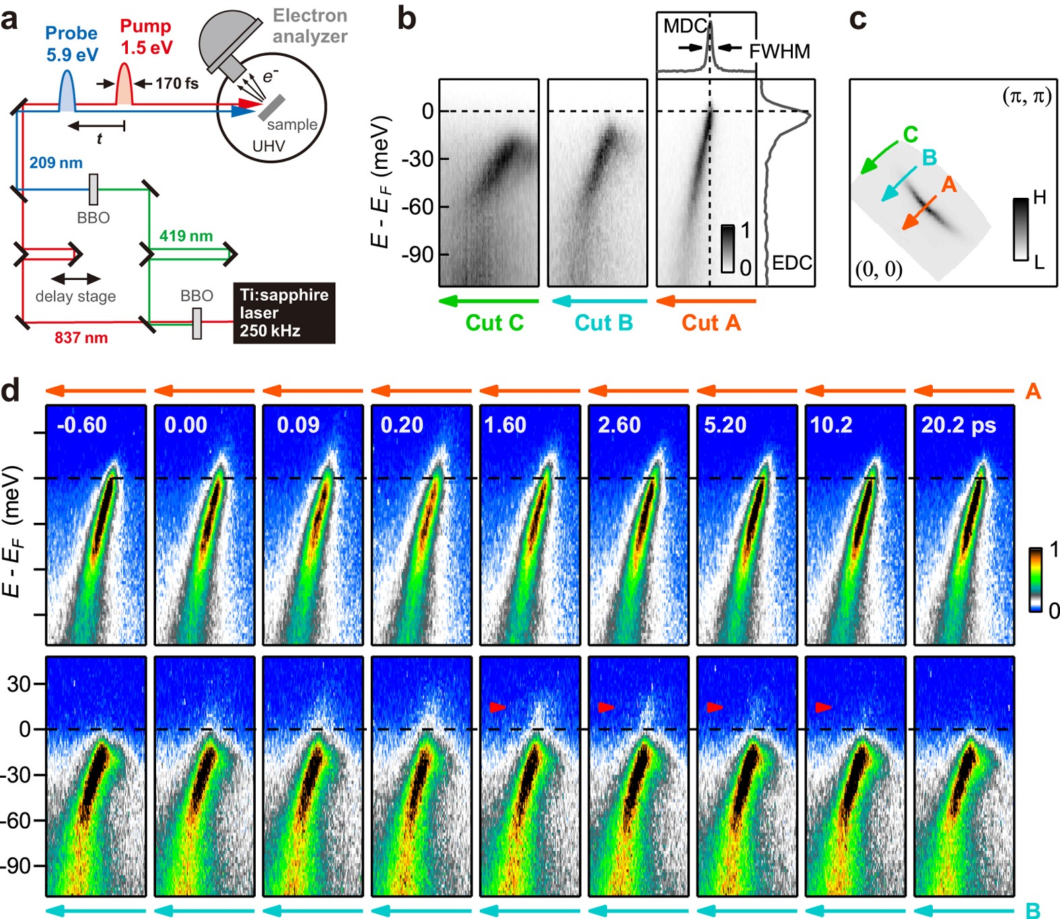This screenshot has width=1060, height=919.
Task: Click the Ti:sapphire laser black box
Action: [x=284, y=313]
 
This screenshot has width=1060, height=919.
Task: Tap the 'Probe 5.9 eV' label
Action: [x=71, y=44]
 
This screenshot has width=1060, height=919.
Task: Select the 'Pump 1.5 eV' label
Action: [x=146, y=37]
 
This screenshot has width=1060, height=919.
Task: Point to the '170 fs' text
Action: [x=176, y=83]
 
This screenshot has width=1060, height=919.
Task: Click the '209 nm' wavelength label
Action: [x=56, y=163]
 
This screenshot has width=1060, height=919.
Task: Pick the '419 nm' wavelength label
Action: [x=186, y=236]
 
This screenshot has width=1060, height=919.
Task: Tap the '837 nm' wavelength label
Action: [x=81, y=338]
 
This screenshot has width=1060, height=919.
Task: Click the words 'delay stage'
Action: [x=75, y=297]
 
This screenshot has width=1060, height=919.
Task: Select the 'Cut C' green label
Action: [x=494, y=323]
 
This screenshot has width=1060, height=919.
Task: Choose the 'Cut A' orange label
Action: [x=711, y=323]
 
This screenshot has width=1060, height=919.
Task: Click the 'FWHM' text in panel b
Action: [x=779, y=52]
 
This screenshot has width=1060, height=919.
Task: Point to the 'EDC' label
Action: [x=791, y=262]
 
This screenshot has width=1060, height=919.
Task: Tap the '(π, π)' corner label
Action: [x=1026, y=97]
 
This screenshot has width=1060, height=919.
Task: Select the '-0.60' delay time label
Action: [x=82, y=425]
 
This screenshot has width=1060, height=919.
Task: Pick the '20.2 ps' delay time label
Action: [x=958, y=425]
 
